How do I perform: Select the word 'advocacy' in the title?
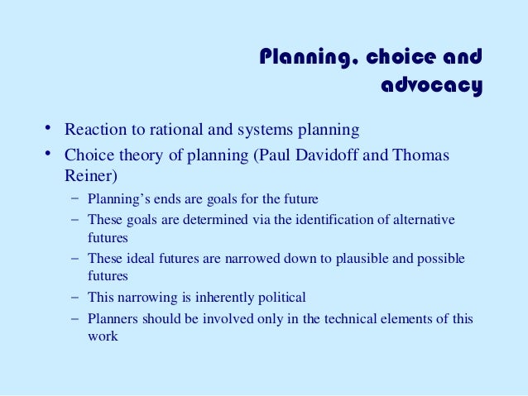[x=431, y=85]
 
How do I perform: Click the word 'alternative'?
[x=425, y=219]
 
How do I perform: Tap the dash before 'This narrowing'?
[x=75, y=297]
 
